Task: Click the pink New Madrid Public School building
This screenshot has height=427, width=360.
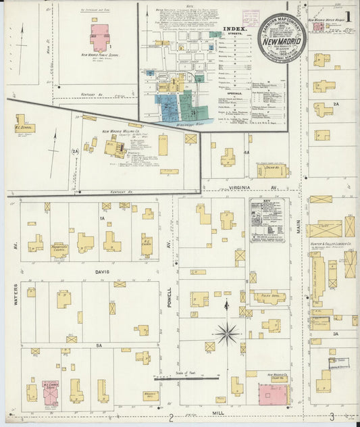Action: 99,37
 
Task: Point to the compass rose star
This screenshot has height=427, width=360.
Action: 228,332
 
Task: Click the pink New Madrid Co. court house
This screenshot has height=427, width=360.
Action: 272,393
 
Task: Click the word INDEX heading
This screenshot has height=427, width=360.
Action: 234,30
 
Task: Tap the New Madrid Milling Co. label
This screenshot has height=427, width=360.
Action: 120,132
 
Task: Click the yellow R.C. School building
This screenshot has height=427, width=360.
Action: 25,126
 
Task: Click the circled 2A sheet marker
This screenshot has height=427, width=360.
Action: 95,151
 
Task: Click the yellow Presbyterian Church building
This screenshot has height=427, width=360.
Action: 59,250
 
